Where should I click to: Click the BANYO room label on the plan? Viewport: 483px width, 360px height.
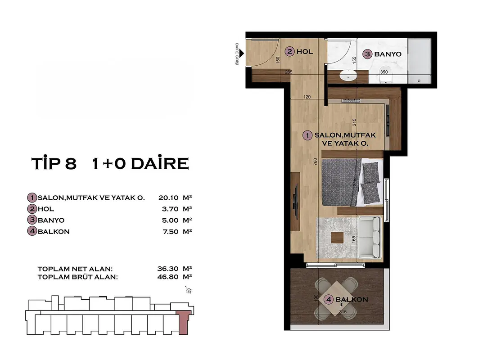[x=388, y=54]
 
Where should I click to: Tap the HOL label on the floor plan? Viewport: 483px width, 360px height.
[x=305, y=51]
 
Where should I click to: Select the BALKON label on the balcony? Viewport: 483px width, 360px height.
[x=352, y=299]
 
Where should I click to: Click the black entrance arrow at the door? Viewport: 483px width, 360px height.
[x=242, y=54]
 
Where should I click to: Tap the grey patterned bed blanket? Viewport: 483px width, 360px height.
[x=339, y=182]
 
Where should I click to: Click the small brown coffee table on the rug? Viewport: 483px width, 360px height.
[x=337, y=238]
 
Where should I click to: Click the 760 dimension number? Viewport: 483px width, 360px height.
[x=315, y=162]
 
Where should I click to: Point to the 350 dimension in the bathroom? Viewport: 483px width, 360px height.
[x=384, y=72]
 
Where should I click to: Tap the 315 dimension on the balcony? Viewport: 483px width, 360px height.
[x=343, y=312]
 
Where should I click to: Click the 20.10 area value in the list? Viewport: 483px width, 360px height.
[x=168, y=198]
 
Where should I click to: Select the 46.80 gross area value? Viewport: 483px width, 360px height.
[x=168, y=277]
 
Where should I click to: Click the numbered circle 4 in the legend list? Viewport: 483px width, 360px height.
[x=32, y=231]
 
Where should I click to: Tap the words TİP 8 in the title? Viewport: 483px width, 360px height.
[x=54, y=163]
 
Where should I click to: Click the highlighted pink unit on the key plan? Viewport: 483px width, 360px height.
[x=183, y=322]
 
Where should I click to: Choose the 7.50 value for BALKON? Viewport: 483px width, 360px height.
[x=170, y=232]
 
